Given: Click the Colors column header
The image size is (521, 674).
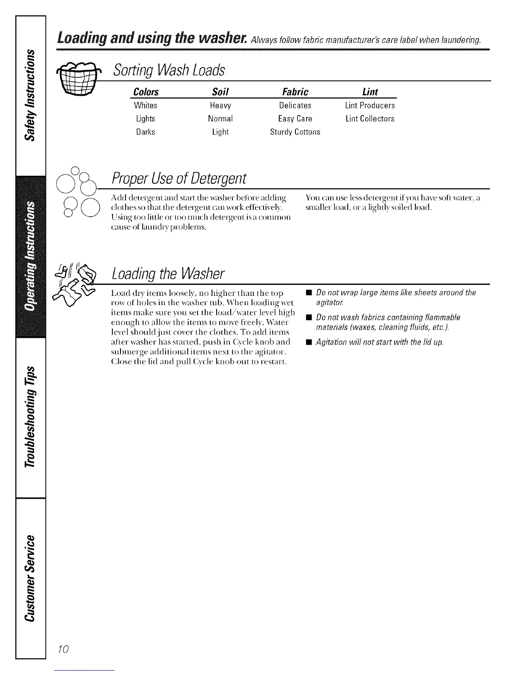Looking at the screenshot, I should coord(146,92).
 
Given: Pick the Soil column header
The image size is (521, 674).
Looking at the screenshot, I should coord(220,92).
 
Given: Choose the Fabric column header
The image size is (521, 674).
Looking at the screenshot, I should coord(295,92).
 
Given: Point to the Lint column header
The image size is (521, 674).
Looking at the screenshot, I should coord(369,92).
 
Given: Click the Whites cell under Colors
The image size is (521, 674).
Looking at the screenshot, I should coord(146,106).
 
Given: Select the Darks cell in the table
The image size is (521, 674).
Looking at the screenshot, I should coord(146,132).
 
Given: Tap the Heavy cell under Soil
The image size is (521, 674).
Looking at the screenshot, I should coord(220,106).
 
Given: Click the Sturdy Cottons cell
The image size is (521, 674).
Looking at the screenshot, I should coord(295,132).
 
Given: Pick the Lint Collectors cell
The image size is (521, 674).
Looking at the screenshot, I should coord(369,119).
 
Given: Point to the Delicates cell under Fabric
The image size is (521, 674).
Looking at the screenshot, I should coord(295,106).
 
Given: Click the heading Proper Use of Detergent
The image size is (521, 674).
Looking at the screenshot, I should coord(179,178).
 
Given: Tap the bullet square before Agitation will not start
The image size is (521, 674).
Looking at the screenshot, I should coord(308,343).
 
